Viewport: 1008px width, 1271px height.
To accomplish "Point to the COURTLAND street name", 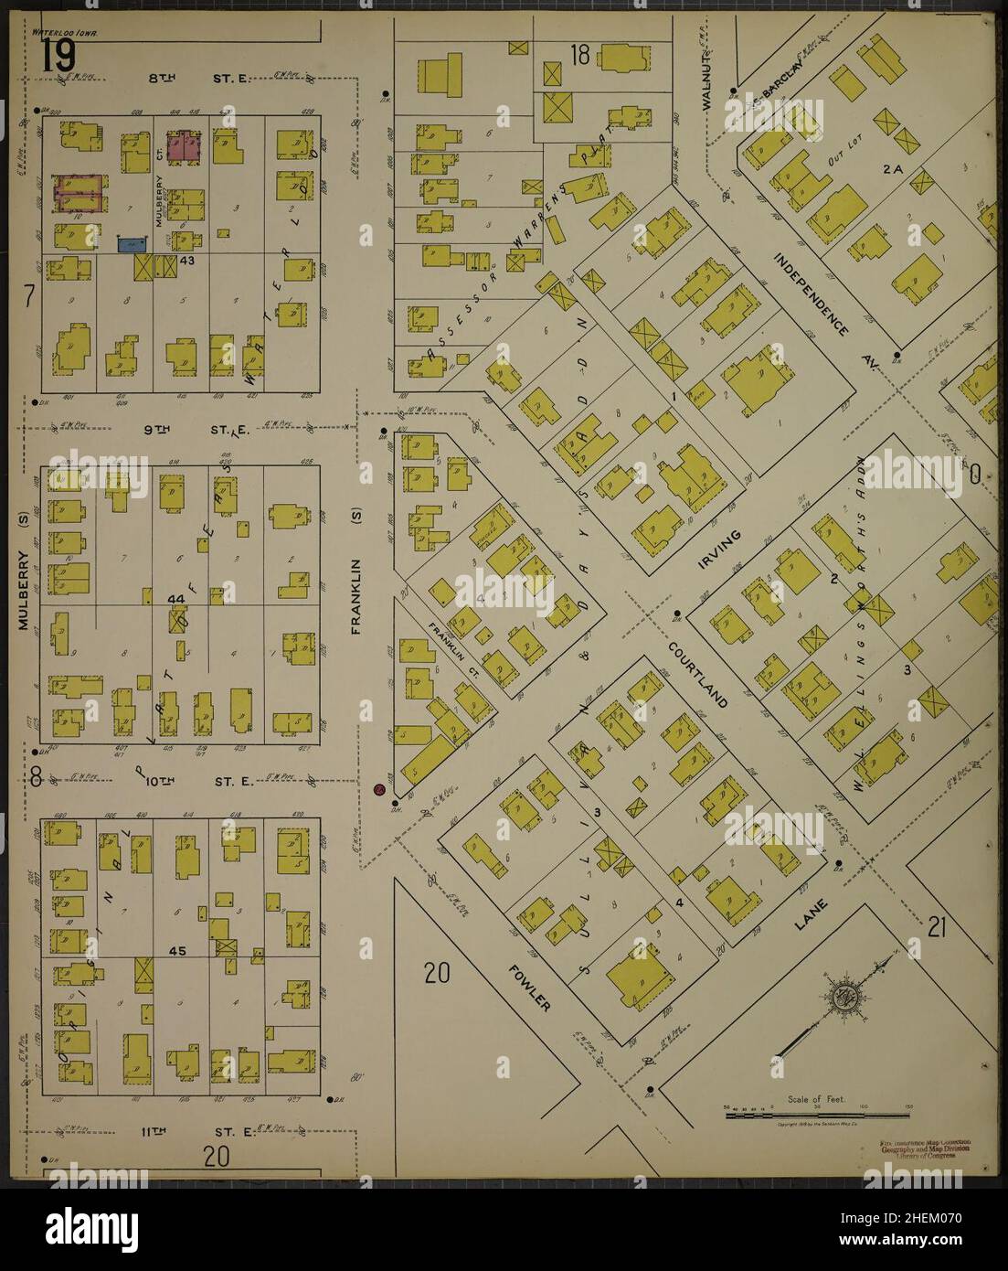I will (696, 675).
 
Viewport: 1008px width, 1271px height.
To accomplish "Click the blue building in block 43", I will (133, 244).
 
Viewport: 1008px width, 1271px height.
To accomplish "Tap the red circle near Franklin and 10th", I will (379, 789).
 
